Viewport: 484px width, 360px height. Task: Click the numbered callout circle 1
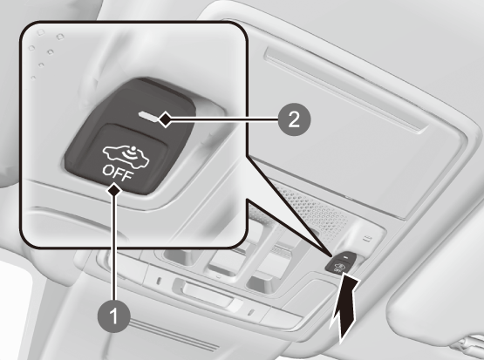pyautogui.click(x=114, y=316)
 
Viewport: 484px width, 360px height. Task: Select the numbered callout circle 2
pyautogui.click(x=294, y=119)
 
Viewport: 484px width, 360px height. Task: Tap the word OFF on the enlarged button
pyautogui.click(x=118, y=173)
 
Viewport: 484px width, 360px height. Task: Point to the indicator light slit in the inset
pyautogui.click(x=148, y=116)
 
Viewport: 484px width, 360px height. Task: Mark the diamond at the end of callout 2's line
pyautogui.click(x=166, y=119)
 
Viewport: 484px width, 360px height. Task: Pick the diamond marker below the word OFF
pyautogui.click(x=114, y=189)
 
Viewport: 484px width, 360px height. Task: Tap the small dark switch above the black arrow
pyautogui.click(x=341, y=262)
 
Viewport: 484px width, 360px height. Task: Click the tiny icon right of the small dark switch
pyautogui.click(x=368, y=238)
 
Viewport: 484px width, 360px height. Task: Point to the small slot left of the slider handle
pyautogui.click(x=159, y=281)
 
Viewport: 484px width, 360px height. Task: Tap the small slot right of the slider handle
pyautogui.click(x=251, y=312)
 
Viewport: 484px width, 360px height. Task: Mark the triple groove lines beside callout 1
pyautogui.click(x=173, y=336)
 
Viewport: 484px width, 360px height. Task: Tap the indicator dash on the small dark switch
pyautogui.click(x=346, y=256)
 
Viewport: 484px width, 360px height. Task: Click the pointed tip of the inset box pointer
pyautogui.click(x=331, y=255)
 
